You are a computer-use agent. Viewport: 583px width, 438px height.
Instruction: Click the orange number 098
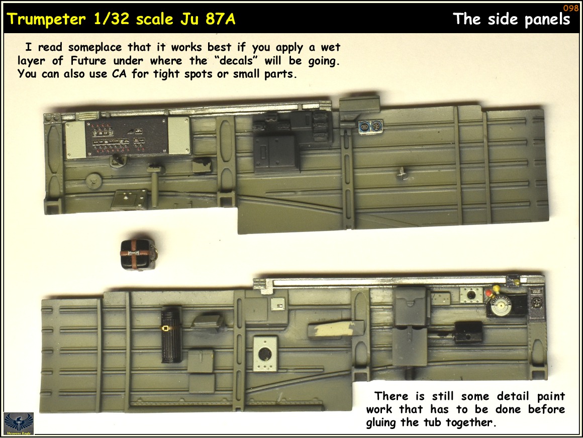coord(570,8)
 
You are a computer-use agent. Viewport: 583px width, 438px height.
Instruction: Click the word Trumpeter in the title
coord(46,19)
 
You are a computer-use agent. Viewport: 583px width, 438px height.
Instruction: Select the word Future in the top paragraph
coord(88,61)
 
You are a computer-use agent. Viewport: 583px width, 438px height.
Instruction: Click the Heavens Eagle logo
coord(19,423)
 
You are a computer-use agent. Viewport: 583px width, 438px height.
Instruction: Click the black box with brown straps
coord(137,254)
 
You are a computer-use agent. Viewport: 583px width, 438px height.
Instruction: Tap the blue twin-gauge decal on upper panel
coord(370,127)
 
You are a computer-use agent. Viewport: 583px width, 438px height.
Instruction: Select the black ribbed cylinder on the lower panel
coord(171,336)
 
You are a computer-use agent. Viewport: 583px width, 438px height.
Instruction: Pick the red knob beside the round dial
coord(489,293)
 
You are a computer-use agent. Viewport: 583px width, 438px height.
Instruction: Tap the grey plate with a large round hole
coord(265,354)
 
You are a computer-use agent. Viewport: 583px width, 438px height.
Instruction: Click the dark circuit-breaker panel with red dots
coord(127,136)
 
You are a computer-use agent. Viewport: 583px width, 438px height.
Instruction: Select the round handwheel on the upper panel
coord(93,180)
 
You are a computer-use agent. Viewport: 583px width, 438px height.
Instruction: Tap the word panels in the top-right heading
coord(547,19)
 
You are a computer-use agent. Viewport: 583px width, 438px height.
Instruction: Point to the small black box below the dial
coord(468,332)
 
